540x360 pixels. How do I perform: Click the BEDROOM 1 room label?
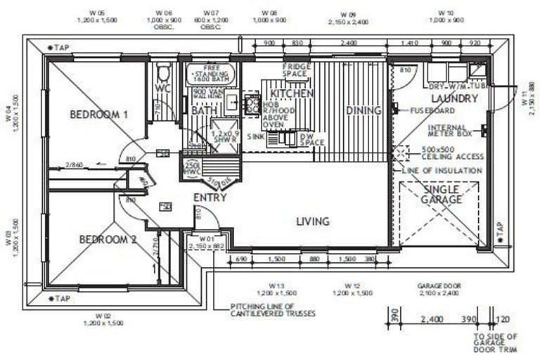pyautogui.click(x=98, y=114)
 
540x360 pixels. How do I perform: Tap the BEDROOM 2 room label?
pyautogui.click(x=108, y=240)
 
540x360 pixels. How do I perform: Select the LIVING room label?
pyautogui.click(x=312, y=221)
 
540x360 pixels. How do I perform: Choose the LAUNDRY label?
pyautogui.click(x=454, y=98)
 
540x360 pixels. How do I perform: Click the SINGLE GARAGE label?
pyautogui.click(x=442, y=195)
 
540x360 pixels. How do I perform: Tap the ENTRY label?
pyautogui.click(x=210, y=198)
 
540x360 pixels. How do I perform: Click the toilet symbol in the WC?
pyautogui.click(x=163, y=72)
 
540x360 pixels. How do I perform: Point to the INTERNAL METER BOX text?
pyautogui.click(x=452, y=132)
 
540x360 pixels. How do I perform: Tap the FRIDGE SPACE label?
pyautogui.click(x=295, y=70)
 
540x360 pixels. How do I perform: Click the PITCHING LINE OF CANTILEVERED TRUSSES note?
pyautogui.click(x=273, y=310)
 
